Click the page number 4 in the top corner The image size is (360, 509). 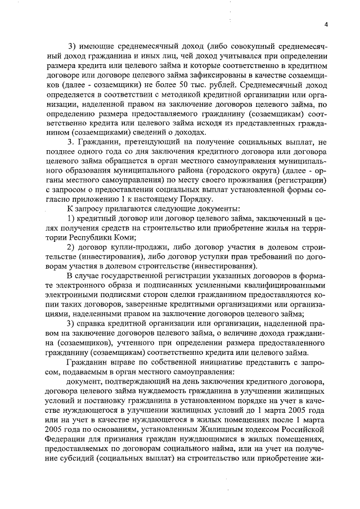click(326, 24)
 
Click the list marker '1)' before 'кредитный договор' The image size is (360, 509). click(72, 218)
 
